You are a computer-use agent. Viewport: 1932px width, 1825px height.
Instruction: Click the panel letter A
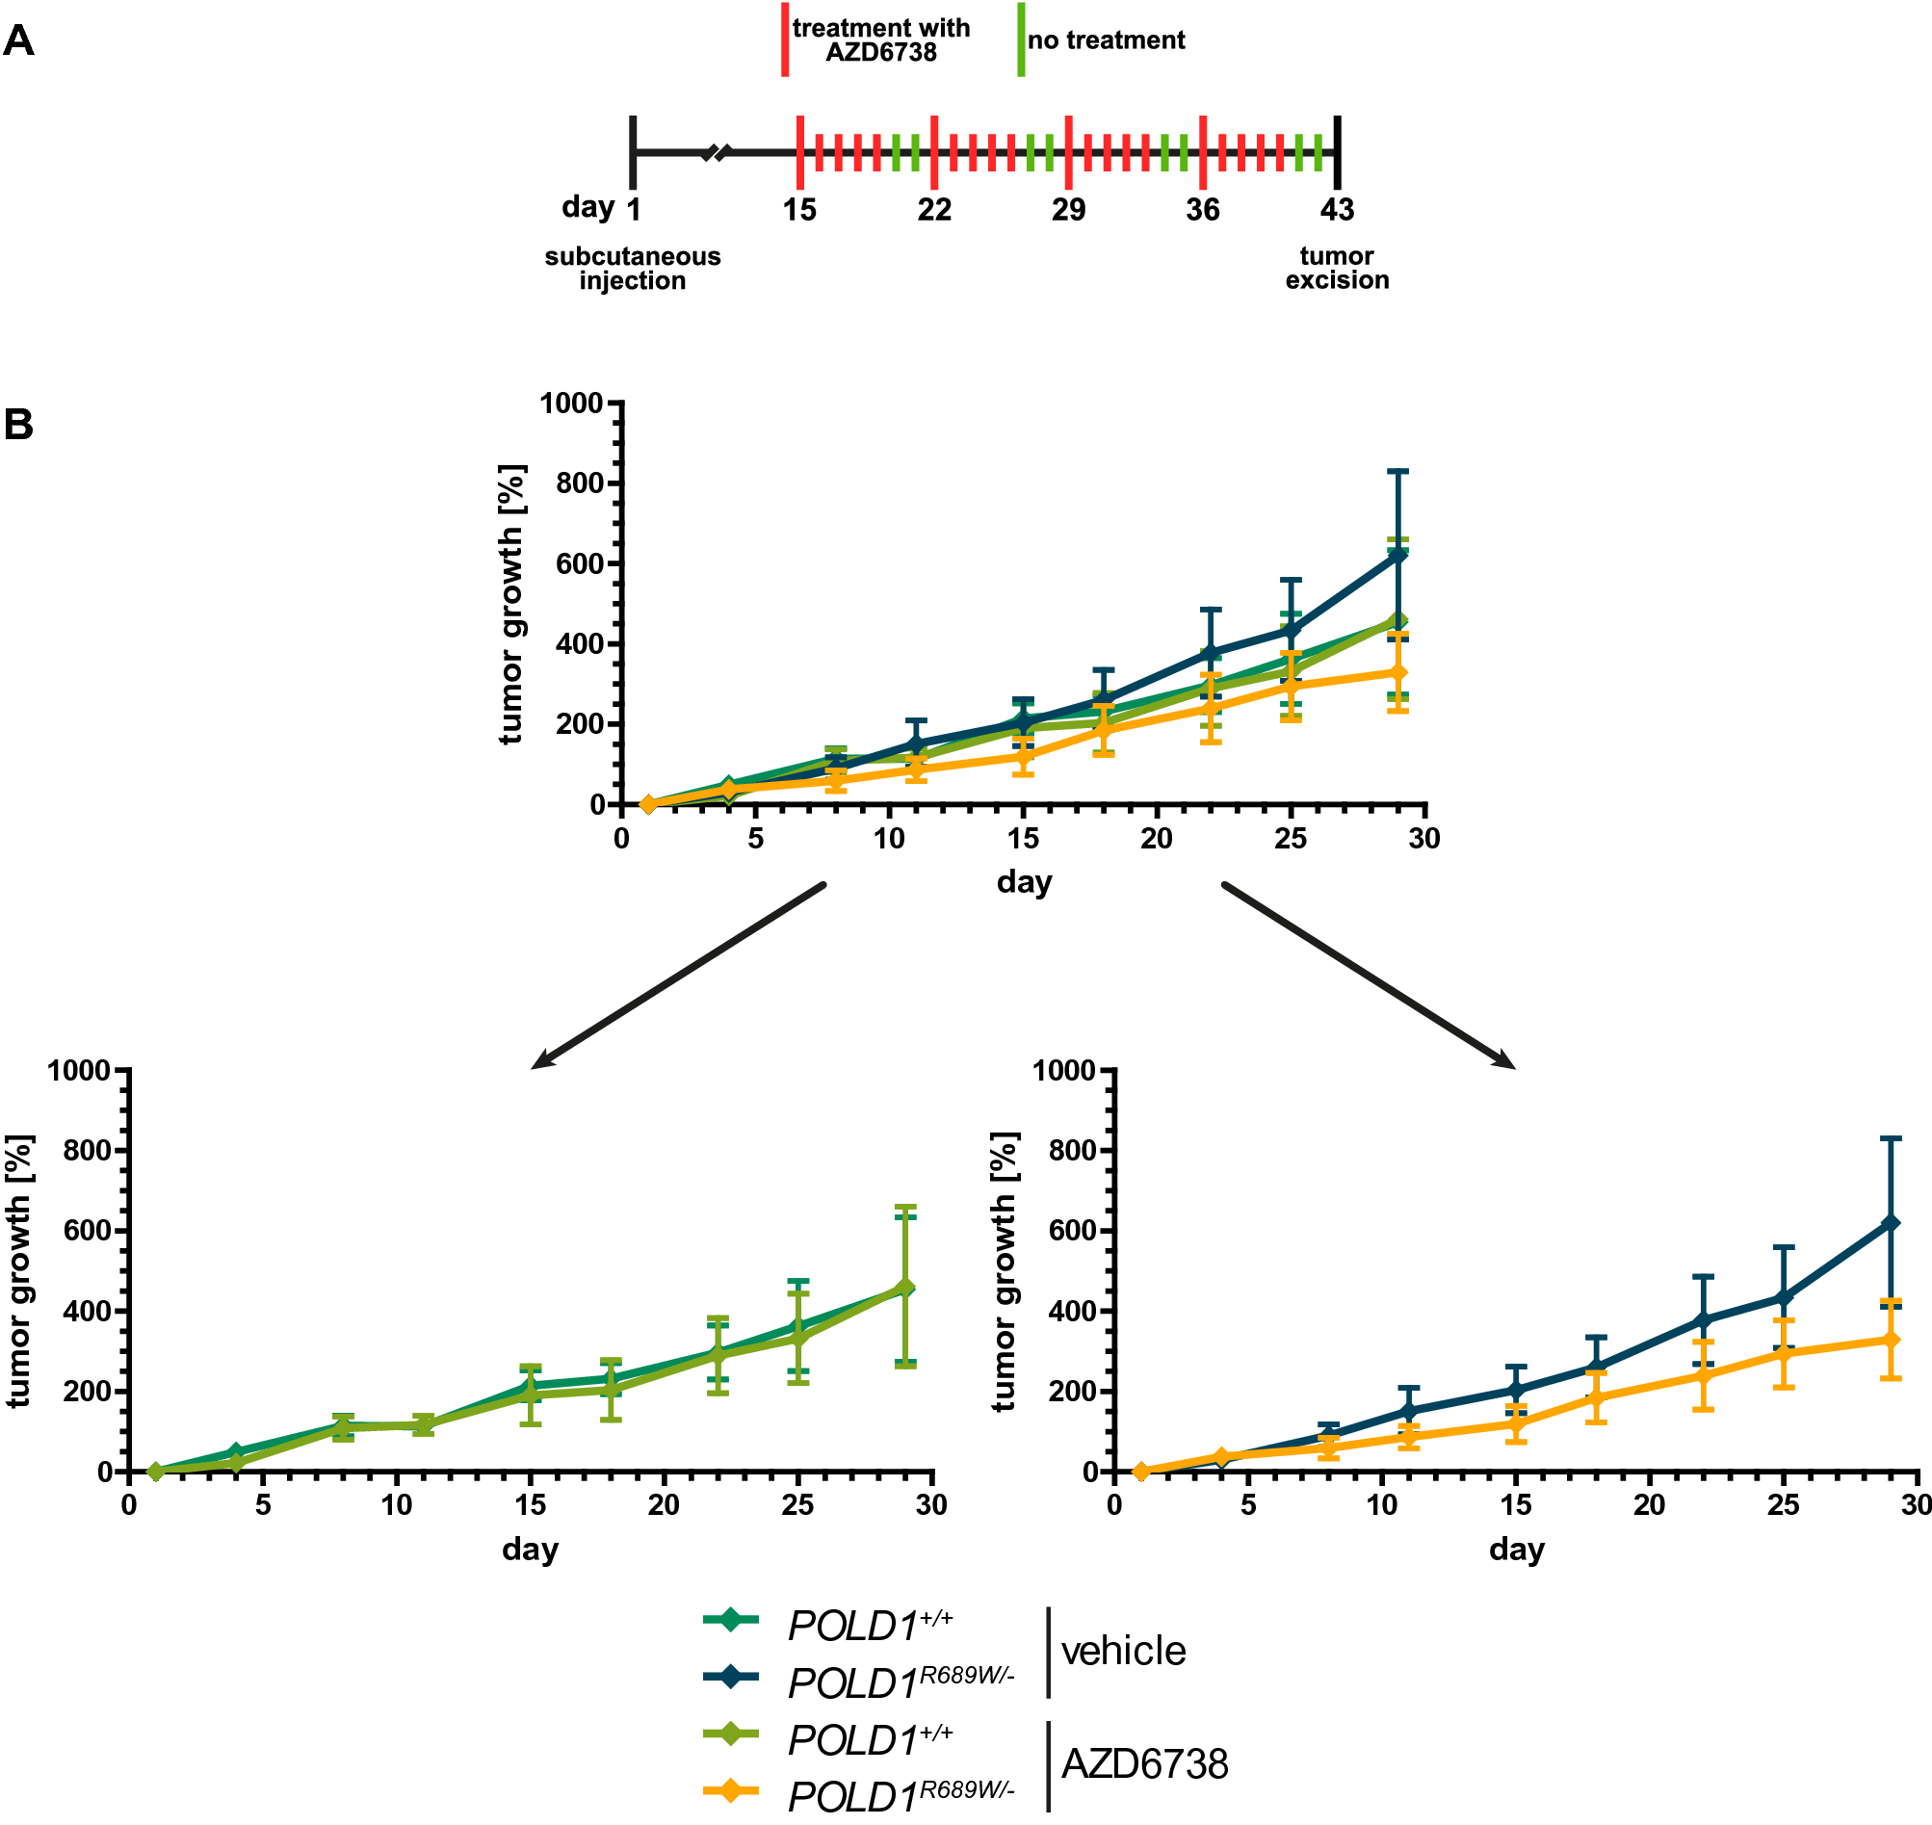tap(18, 41)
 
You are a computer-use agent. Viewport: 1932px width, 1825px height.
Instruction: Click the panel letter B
tap(18, 425)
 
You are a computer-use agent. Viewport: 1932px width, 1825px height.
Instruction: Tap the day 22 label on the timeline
tap(934, 209)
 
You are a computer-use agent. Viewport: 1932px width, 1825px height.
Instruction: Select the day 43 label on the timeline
tap(1337, 209)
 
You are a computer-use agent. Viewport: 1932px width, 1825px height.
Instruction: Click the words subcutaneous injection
tap(633, 269)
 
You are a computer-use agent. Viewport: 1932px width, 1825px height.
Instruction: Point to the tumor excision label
tap(1337, 269)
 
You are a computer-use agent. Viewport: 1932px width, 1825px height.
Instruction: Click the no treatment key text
tap(1106, 40)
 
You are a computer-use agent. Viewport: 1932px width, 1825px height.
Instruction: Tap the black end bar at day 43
tap(1337, 152)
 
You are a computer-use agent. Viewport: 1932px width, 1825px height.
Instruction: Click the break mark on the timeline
tap(716, 153)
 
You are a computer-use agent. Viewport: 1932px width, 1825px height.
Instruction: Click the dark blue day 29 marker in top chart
tap(1397, 556)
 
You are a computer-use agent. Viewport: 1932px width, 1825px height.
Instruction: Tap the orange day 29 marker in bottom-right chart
tap(1891, 1340)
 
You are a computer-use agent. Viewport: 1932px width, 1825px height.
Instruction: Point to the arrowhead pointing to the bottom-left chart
tap(541, 1061)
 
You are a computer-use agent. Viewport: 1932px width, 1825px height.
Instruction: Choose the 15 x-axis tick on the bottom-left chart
tap(530, 1506)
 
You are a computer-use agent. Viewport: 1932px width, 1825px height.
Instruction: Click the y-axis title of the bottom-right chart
tap(1004, 1271)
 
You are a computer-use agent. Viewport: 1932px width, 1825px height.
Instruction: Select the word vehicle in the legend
tap(1123, 1651)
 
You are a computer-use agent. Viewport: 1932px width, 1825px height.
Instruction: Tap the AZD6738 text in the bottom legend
tap(1144, 1763)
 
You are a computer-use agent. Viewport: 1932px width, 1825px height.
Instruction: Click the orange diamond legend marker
tap(730, 1790)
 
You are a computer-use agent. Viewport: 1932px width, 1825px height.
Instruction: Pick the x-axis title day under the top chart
tap(1024, 882)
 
